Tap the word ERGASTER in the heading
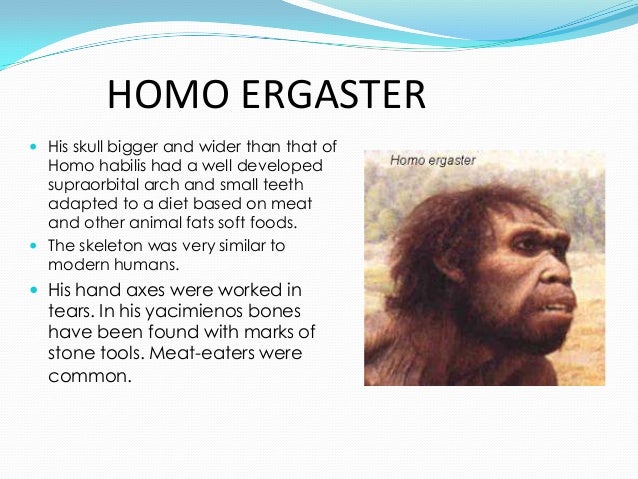pyautogui.click(x=334, y=96)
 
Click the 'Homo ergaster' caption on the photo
pyautogui.click(x=433, y=160)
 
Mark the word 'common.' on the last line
pyautogui.click(x=90, y=378)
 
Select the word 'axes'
pyautogui.click(x=152, y=290)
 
